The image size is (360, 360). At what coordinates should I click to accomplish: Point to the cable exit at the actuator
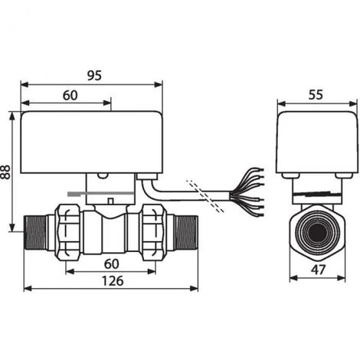146,182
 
